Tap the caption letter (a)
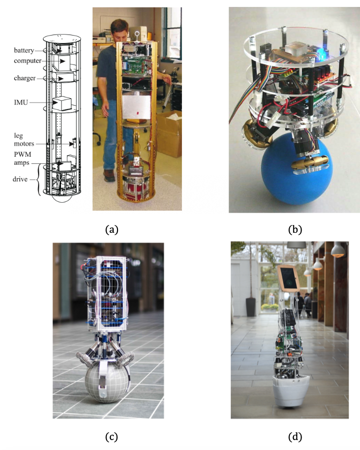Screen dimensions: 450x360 coord(111,230)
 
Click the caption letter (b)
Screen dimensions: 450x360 coord(295,230)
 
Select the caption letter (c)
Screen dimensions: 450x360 coord(111,436)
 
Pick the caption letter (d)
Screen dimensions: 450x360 coord(295,436)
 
